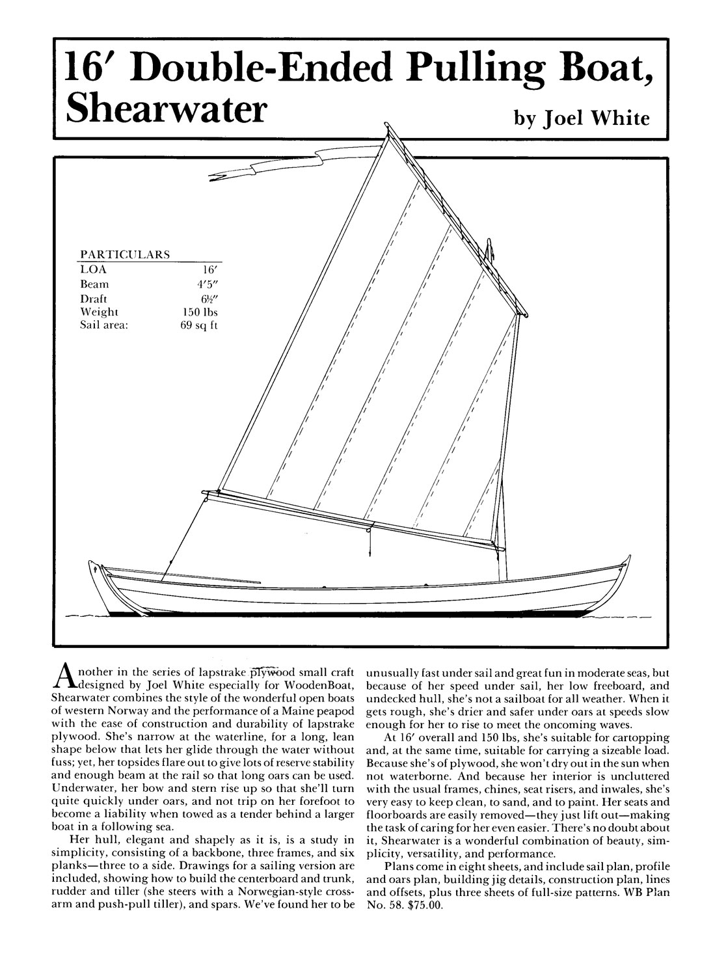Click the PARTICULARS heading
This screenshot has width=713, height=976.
[125, 254]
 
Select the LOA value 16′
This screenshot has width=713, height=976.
[211, 269]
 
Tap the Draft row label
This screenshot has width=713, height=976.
[94, 298]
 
